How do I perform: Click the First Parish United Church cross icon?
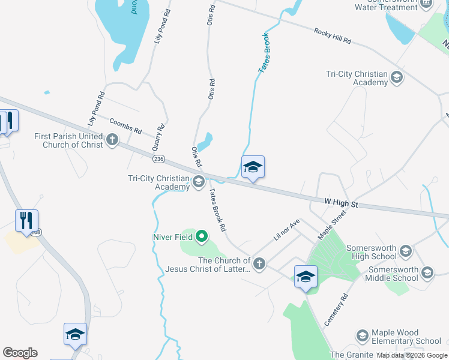(x=112, y=140)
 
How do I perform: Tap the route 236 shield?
(x=158, y=159)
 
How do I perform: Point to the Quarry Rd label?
(x=160, y=137)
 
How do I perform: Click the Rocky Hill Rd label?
(x=332, y=35)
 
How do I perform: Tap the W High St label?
(x=341, y=204)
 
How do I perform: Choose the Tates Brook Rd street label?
(x=217, y=210)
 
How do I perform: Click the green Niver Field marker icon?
(x=202, y=237)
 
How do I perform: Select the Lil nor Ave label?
(x=286, y=230)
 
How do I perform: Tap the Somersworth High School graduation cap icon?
(x=405, y=251)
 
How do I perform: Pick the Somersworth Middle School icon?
(x=427, y=273)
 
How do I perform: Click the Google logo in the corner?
(x=20, y=353)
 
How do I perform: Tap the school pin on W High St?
(x=253, y=168)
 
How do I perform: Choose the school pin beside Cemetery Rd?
(x=306, y=277)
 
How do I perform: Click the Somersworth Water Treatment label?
(x=394, y=5)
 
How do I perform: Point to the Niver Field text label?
(x=172, y=237)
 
